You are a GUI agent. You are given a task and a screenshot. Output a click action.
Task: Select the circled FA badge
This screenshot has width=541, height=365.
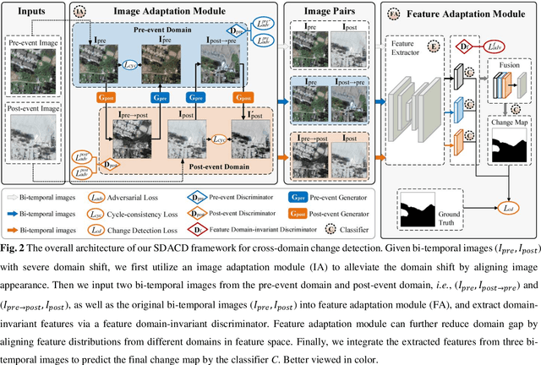click(x=396, y=14)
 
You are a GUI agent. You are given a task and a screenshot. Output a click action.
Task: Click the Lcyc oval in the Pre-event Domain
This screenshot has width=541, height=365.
click(x=128, y=63)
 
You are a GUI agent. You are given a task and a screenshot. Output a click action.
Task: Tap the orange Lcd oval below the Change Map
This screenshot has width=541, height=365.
click(x=507, y=207)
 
